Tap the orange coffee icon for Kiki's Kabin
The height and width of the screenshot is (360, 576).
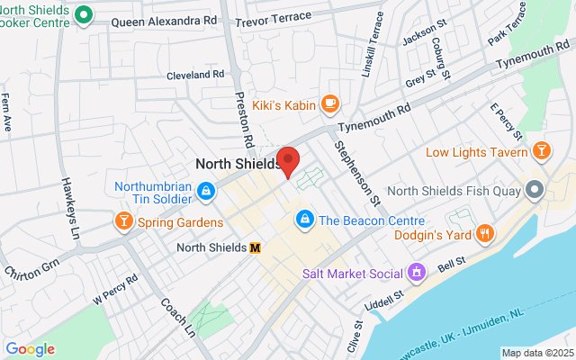point(329,105)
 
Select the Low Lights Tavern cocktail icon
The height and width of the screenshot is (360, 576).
point(542,149)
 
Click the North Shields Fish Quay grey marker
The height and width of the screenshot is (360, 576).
point(535,190)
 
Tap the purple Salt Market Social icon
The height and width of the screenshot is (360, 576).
point(417,271)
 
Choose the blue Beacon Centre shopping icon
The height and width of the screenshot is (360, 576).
point(305,219)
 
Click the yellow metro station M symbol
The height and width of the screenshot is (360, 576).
point(256,247)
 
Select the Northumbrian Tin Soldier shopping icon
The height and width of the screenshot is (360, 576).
point(206,190)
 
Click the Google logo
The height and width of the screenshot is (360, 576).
point(30,349)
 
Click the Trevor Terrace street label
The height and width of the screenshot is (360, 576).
point(274,16)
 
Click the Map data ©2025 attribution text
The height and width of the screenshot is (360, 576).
point(536,353)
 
